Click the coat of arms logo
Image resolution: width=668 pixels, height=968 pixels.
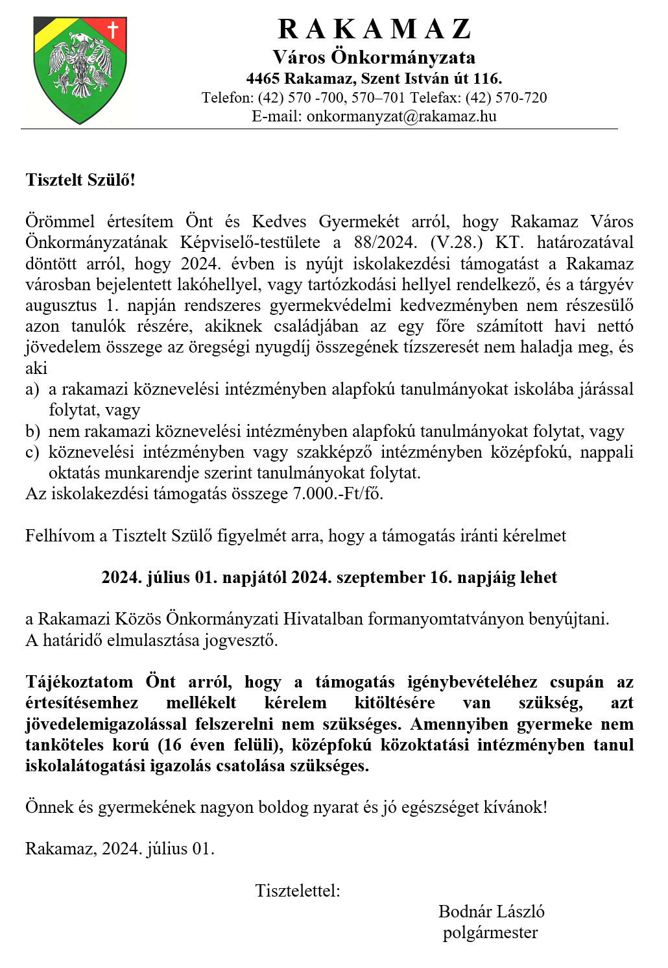[x=80, y=69]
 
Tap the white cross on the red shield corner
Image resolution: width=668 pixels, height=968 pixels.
[x=113, y=29]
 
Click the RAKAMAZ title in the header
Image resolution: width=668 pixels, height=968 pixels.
[x=374, y=29]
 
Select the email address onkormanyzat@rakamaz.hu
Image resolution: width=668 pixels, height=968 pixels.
[x=401, y=116]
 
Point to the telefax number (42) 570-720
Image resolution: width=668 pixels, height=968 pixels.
[x=506, y=98]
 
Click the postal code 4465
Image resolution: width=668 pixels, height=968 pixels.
[x=263, y=79]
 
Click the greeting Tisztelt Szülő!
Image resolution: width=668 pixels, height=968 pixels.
[x=80, y=180]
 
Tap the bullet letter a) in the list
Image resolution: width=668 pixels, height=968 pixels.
[x=32, y=390]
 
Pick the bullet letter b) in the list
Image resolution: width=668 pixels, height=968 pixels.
[x=32, y=432]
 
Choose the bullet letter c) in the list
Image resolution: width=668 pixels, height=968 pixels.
[x=32, y=453]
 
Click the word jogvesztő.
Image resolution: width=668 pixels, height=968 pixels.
[x=241, y=641]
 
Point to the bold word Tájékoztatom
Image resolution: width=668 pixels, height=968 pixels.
[x=79, y=682]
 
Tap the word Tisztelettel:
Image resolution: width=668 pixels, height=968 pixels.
[x=298, y=891]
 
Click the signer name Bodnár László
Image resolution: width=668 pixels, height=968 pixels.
[x=491, y=912]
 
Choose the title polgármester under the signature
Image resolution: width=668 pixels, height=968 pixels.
[x=490, y=933]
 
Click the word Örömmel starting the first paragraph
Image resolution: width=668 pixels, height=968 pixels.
[x=60, y=222]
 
